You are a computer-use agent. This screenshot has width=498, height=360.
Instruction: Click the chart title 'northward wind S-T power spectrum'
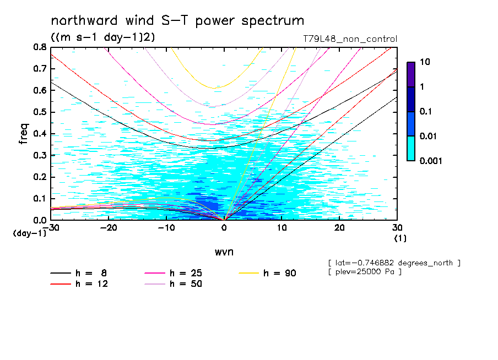tap(177, 21)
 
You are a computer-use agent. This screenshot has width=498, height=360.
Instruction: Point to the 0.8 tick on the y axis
tap(40, 47)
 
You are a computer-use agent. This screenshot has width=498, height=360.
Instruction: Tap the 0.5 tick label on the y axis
tap(40, 112)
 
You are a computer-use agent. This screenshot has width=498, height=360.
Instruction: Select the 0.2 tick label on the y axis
tap(40, 177)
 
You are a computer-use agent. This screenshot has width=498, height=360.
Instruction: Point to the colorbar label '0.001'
tap(430, 161)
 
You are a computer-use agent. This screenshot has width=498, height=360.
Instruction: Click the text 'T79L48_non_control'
tap(350, 39)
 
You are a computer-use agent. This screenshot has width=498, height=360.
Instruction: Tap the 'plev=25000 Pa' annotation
tap(364, 272)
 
